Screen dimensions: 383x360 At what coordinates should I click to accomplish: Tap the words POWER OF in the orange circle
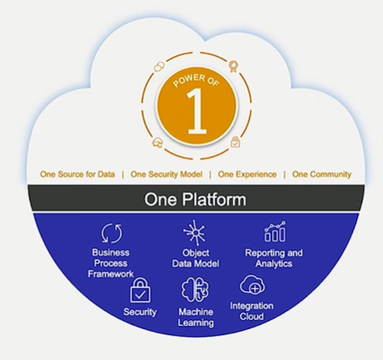(197, 81)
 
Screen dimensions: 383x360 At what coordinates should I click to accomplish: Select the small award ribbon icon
(234, 66)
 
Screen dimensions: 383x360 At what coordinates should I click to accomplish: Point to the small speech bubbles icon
(159, 67)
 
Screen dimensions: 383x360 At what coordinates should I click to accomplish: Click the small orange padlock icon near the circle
(235, 142)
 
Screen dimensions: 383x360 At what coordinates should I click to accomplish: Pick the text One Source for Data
(77, 174)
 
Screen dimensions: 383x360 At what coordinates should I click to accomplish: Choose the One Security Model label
(167, 174)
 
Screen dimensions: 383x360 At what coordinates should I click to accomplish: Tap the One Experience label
(247, 174)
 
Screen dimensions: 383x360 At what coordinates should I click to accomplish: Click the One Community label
(321, 174)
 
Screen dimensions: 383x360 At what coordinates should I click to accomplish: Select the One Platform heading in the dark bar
(195, 199)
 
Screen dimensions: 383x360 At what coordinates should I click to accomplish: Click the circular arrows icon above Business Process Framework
(112, 233)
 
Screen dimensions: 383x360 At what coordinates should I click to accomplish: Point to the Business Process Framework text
(111, 263)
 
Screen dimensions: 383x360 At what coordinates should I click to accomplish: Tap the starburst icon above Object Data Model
(194, 233)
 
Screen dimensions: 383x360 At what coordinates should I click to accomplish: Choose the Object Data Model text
(196, 258)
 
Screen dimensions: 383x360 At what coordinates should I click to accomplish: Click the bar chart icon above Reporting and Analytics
(275, 231)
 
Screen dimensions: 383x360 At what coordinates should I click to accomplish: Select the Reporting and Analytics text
(274, 258)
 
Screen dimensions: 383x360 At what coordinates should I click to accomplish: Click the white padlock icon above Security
(140, 290)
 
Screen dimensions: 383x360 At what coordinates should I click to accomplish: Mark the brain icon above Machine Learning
(195, 290)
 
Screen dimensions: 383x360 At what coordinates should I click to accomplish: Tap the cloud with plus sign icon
(252, 284)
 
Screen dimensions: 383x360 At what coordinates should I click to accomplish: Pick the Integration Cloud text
(252, 311)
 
